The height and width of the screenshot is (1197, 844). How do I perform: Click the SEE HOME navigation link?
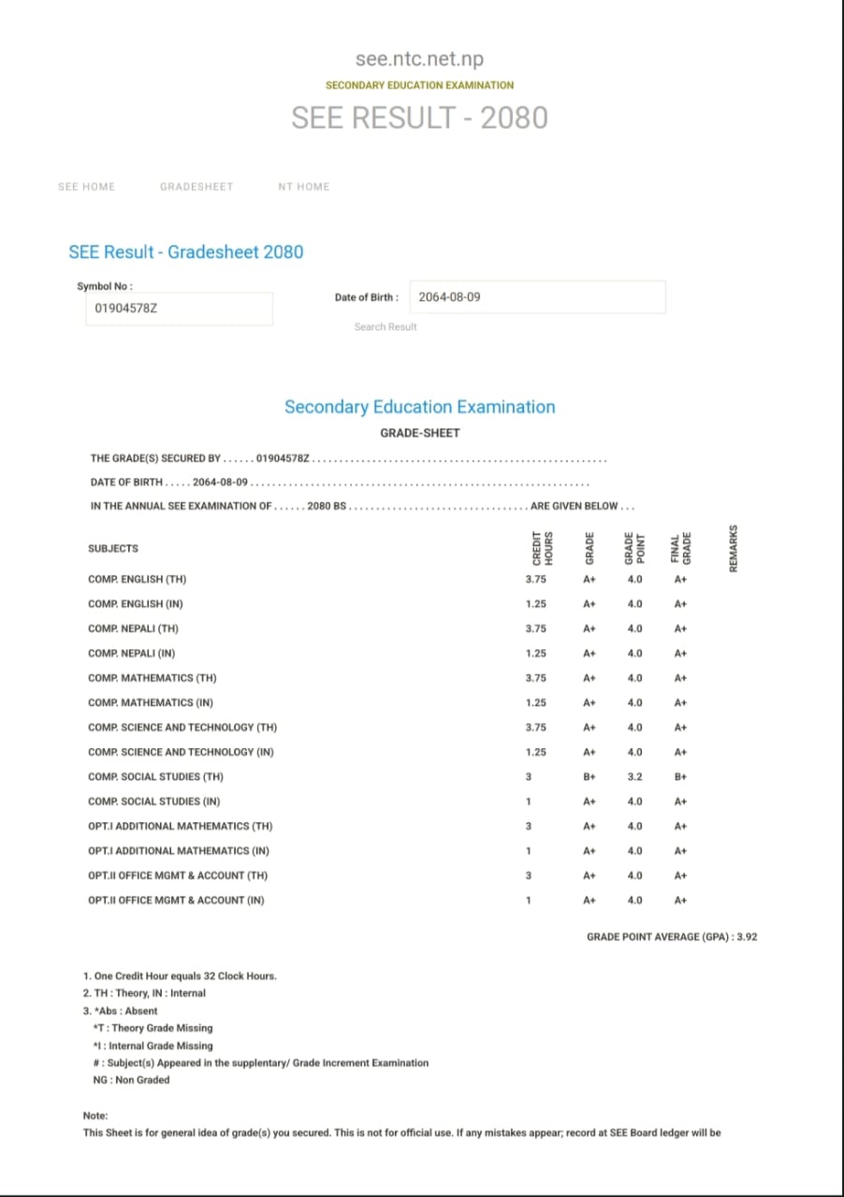point(86,186)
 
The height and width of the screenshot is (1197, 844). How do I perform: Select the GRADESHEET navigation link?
point(196,186)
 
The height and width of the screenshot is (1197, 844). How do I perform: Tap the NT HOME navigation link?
point(304,186)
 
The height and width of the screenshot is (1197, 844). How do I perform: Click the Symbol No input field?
point(179,308)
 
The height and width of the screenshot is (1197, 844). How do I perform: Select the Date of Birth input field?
point(537,297)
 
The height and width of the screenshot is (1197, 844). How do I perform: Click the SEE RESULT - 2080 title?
point(419,118)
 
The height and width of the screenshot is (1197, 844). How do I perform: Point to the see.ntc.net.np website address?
point(419,59)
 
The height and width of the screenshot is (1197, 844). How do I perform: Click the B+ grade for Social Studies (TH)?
point(589,777)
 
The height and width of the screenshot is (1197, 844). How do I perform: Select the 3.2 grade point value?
point(635,777)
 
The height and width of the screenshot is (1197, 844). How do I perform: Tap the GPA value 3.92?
point(747,936)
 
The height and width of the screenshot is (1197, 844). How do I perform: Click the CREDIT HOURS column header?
point(539,548)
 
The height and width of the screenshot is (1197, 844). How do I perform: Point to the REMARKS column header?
point(734,548)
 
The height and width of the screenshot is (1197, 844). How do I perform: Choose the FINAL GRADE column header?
point(680,548)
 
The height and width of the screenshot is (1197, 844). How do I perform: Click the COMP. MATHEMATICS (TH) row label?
point(153,678)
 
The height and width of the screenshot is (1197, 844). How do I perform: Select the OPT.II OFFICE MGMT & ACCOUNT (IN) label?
point(176,901)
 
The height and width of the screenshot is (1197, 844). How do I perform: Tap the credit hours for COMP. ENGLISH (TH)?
point(536,580)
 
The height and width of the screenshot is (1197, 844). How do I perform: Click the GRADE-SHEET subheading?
point(419,433)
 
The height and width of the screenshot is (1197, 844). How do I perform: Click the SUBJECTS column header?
point(113,548)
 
